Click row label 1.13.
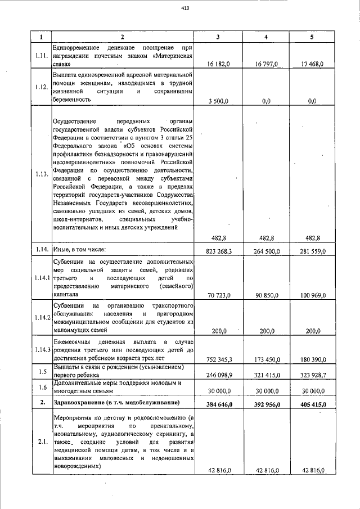click(x=40, y=174)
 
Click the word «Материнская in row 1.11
click(x=174, y=56)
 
